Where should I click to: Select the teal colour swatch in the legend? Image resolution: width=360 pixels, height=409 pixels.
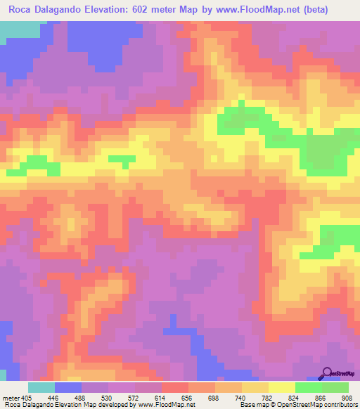click(x=41, y=387)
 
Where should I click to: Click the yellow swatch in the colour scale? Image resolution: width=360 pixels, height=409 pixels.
click(x=282, y=387)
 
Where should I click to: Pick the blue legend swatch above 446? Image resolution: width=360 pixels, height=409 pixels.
click(x=68, y=387)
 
